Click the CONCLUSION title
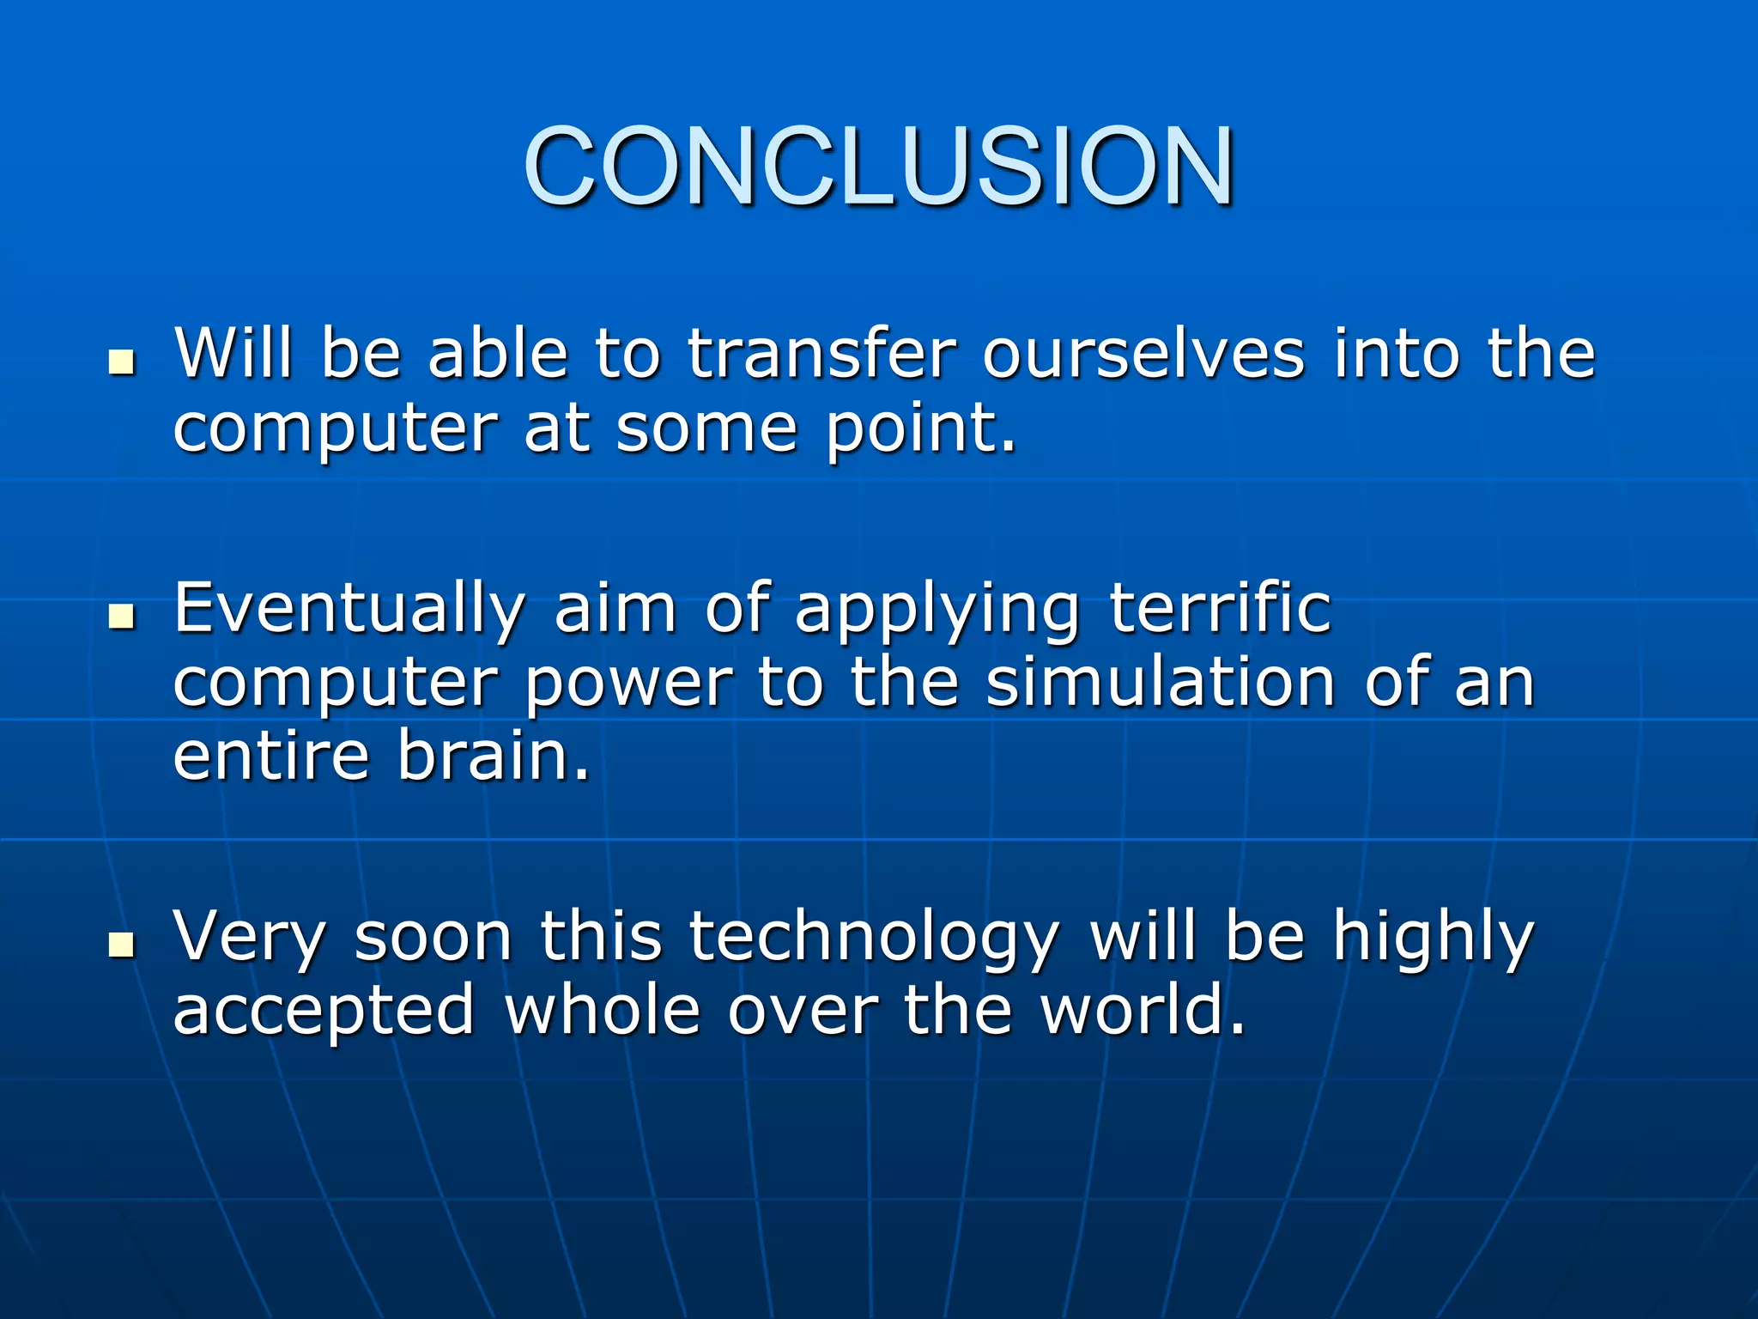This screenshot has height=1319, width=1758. (878, 167)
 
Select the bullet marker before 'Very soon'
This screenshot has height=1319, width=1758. (123, 945)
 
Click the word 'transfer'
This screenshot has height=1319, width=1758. (821, 354)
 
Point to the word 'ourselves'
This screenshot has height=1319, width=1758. (1143, 354)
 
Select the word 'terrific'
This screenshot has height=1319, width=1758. (1220, 608)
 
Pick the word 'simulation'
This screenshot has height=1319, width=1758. (1161, 683)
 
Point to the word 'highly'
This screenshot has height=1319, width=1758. (1433, 939)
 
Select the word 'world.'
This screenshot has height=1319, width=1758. (1143, 1010)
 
